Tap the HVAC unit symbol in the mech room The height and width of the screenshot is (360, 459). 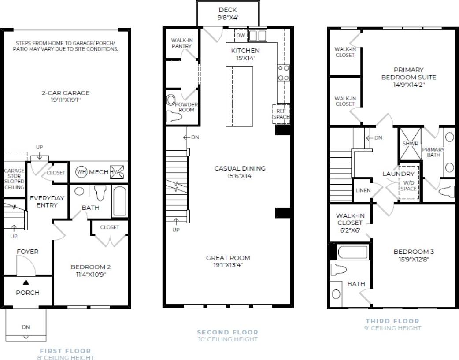[x=117, y=172]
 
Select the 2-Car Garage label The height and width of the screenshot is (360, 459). [x=67, y=93]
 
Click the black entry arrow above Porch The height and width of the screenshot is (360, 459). [x=26, y=282]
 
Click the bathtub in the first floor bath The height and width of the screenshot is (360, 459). [x=120, y=202]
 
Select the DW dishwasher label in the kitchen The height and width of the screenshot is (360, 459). [x=240, y=35]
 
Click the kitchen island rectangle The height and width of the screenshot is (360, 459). [x=240, y=96]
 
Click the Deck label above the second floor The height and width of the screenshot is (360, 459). [x=227, y=10]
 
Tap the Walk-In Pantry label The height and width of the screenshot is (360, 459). [x=181, y=43]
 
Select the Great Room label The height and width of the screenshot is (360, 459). [x=228, y=258]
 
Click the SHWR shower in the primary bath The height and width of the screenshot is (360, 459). [x=407, y=144]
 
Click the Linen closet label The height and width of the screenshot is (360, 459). [x=363, y=190]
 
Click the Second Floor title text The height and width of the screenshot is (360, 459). [x=227, y=332]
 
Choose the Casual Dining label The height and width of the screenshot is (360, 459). [x=240, y=168]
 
